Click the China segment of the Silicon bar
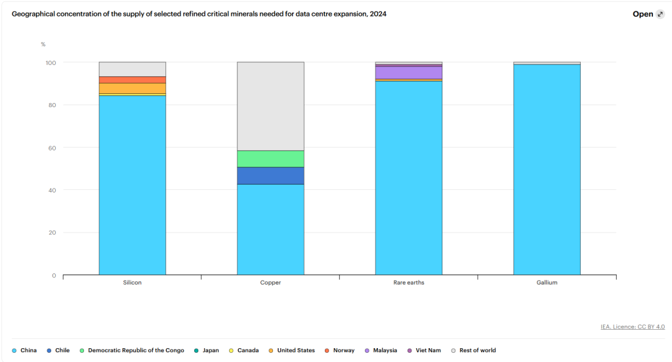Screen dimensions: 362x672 (x=132, y=185)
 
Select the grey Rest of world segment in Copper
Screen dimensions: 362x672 (x=270, y=106)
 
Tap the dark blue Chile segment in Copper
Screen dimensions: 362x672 (x=270, y=175)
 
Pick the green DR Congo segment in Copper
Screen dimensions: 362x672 (x=270, y=158)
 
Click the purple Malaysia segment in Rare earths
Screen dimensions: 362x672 (x=408, y=72)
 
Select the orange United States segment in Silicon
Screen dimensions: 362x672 (x=132, y=88)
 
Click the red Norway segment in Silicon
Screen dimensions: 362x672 (x=132, y=79)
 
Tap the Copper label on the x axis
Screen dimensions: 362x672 (x=270, y=283)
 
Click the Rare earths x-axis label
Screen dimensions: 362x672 (x=408, y=283)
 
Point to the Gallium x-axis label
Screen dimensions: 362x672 (x=547, y=283)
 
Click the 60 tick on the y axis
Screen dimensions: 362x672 (x=51, y=148)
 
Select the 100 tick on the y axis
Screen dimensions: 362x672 (x=50, y=62)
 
